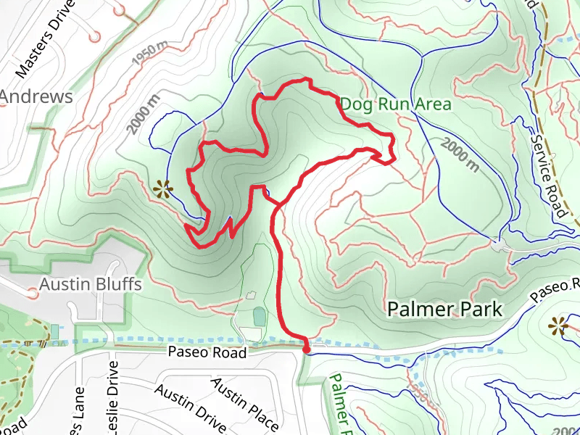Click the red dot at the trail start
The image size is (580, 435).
(306, 350)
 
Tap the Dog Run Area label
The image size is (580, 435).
(396, 104)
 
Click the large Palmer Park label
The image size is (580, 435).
(444, 310)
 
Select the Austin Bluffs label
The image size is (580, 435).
(91, 283)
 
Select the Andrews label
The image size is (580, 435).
(36, 96)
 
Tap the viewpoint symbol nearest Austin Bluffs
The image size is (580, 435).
(163, 191)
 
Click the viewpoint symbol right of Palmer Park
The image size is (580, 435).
(558, 326)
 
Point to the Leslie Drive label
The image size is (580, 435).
(113, 391)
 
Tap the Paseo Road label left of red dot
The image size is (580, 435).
(207, 352)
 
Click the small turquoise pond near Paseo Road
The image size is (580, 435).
(260, 316)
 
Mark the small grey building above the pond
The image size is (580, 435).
(251, 295)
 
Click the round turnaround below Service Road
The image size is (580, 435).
(497, 245)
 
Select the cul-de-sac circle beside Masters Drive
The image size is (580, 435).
(94, 35)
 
